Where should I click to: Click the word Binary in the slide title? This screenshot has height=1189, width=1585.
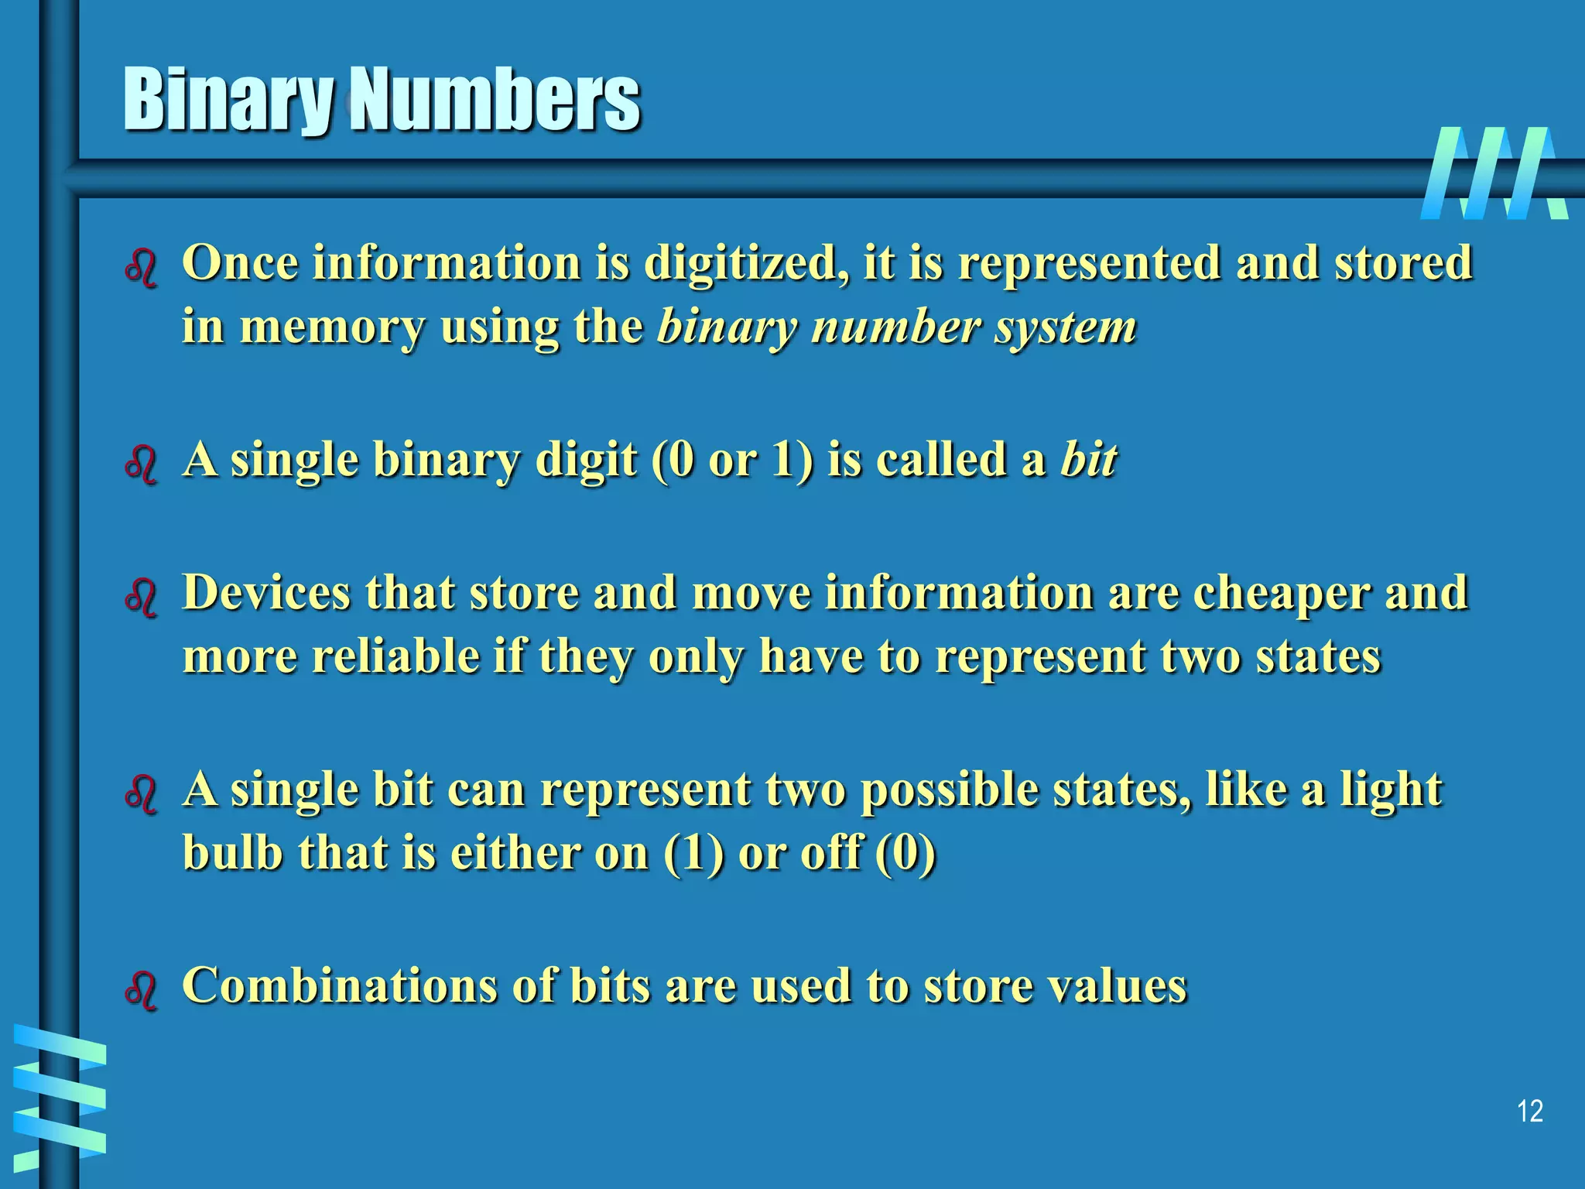click(x=228, y=101)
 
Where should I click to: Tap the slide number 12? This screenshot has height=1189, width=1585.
click(x=1529, y=1112)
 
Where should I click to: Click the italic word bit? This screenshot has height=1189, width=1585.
click(x=1088, y=460)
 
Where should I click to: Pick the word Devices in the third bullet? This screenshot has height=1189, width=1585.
click(x=266, y=593)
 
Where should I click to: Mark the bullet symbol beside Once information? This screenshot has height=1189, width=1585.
click(x=141, y=268)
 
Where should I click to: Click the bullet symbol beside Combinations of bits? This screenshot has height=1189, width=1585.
click(x=141, y=990)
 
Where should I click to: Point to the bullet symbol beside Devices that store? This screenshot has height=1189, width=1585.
click(x=141, y=598)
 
